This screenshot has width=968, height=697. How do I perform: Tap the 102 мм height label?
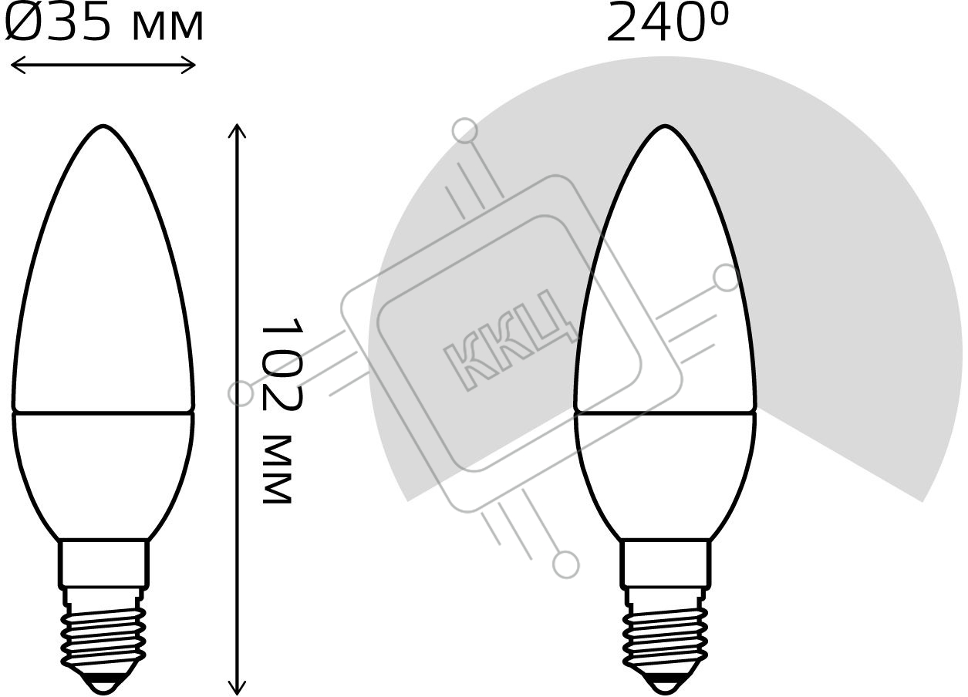[282, 411]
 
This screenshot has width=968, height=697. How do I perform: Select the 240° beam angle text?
[668, 22]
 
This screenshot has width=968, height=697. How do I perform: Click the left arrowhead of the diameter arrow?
[17, 66]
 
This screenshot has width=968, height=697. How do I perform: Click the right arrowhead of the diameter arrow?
[189, 66]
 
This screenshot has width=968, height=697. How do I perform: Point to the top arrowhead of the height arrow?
[237, 130]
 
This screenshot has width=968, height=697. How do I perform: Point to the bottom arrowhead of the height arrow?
[237, 688]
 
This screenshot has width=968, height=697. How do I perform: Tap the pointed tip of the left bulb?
[103, 126]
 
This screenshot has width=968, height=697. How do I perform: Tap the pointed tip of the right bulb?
[665, 126]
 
